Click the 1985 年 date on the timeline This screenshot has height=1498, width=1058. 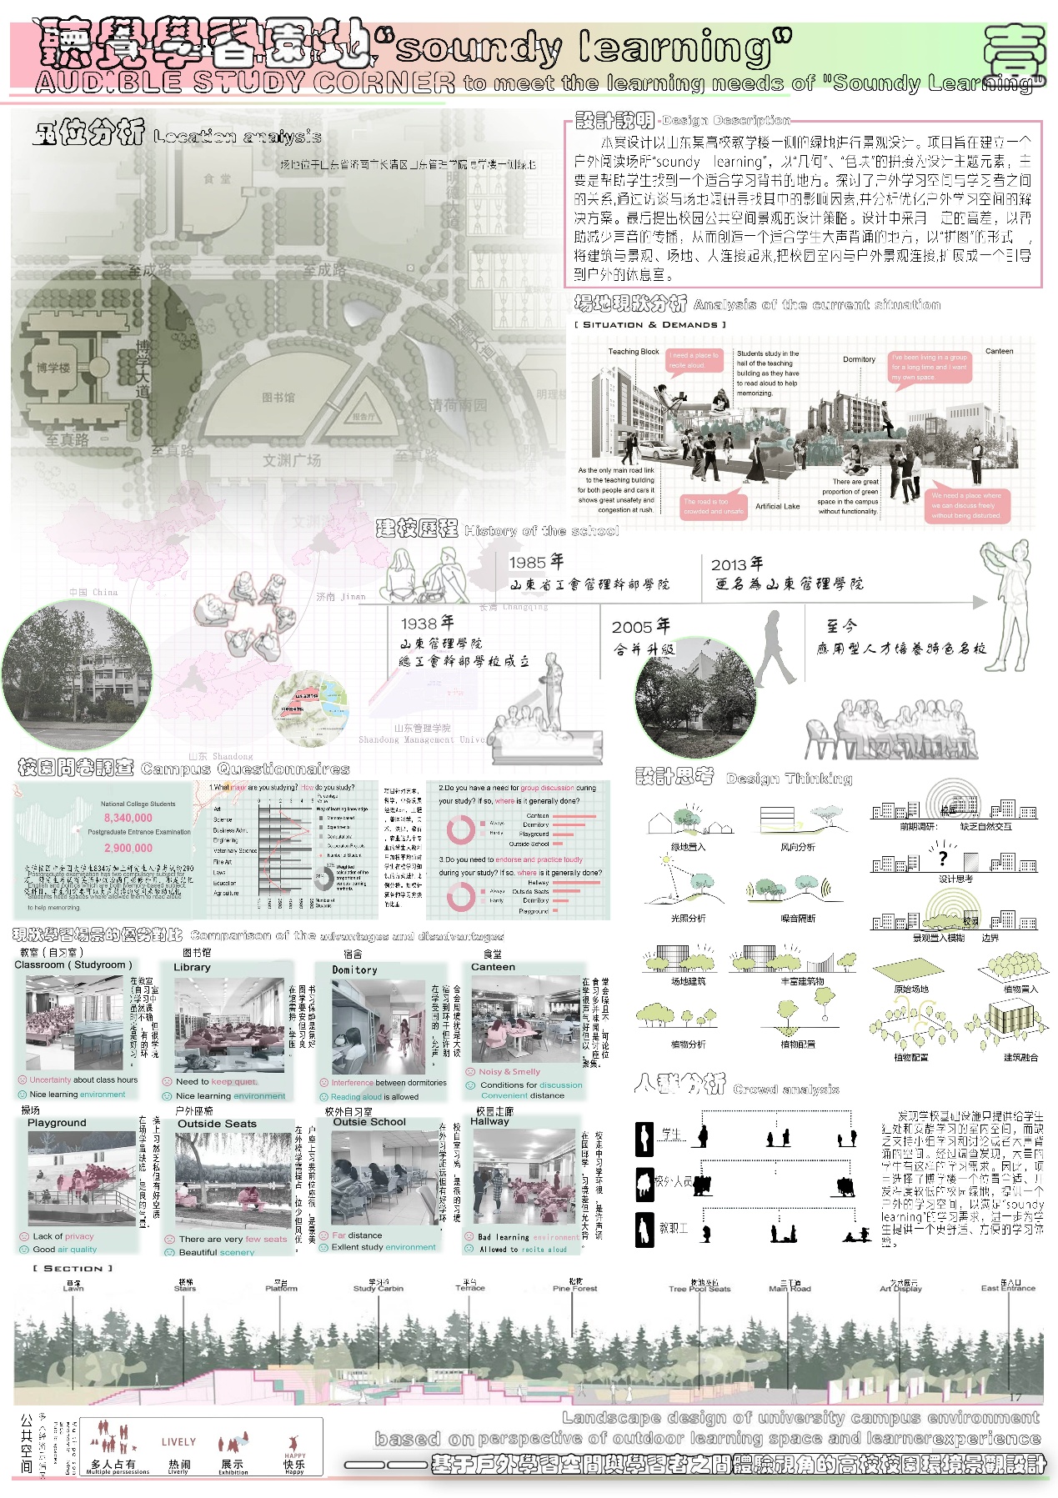(536, 562)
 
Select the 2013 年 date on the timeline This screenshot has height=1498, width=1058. (737, 564)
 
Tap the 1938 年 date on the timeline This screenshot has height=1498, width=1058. (427, 623)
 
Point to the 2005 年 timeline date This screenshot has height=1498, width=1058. (640, 626)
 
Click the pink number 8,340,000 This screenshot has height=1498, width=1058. (128, 818)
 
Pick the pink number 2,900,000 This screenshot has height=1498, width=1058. (128, 847)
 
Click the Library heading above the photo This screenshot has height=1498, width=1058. (192, 967)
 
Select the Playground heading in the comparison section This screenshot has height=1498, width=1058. (57, 1123)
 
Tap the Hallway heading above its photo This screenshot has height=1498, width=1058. (489, 1121)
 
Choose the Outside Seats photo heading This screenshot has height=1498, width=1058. (217, 1124)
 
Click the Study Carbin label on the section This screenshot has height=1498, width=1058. (378, 1288)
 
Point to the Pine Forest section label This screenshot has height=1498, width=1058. (574, 1288)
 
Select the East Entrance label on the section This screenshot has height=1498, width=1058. (1008, 1288)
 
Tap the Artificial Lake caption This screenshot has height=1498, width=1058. (777, 506)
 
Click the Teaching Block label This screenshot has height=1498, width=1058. (634, 352)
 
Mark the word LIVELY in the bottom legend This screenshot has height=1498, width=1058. (178, 1441)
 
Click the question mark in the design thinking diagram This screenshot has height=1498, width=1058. (943, 857)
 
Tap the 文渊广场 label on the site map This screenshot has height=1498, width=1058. (292, 460)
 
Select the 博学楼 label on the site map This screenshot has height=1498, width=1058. (53, 368)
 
